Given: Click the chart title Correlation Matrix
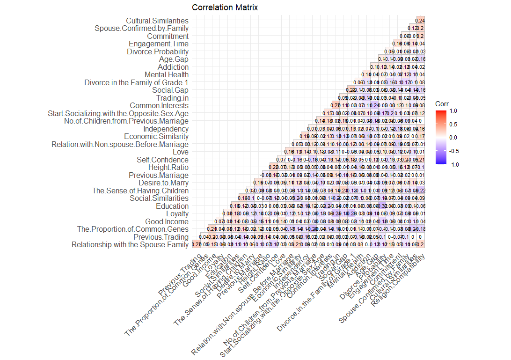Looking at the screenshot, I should click(x=225, y=7).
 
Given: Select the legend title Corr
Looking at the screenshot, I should click(x=442, y=103).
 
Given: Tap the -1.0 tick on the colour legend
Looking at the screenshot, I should click(x=453, y=164).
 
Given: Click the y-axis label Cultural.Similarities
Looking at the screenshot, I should click(x=157, y=21).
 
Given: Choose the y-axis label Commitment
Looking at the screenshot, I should click(x=168, y=36).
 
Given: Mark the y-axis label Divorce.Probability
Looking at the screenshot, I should click(x=158, y=51).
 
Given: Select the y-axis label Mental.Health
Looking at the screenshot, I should click(x=167, y=74).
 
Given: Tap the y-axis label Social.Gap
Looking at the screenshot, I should click(x=170, y=90).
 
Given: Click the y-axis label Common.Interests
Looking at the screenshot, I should click(x=159, y=105).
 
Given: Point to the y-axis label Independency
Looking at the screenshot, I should click(x=166, y=129).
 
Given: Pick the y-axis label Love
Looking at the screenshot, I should click(x=181, y=152).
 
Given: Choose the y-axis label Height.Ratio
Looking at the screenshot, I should click(x=168, y=168).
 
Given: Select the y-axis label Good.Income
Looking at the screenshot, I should click(x=166, y=221).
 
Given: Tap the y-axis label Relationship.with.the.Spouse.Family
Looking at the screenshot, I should click(x=130, y=244).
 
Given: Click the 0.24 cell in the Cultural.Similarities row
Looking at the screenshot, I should click(x=420, y=20).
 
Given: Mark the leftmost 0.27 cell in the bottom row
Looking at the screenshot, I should click(x=196, y=244).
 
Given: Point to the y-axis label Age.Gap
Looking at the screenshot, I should click(x=174, y=59).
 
